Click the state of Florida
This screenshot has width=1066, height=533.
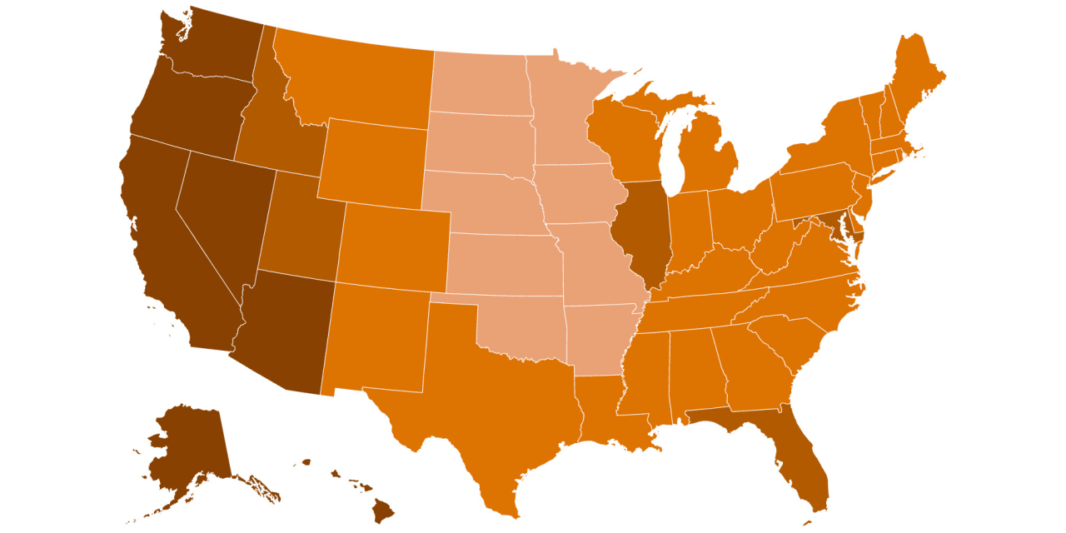[x=812, y=466]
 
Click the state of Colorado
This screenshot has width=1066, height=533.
[x=396, y=246]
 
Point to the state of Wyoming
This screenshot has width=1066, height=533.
[x=371, y=162]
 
